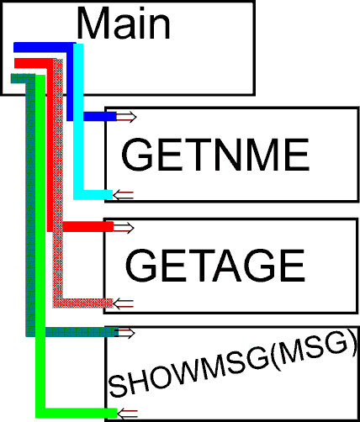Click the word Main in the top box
click(123, 23)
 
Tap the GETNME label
click(215, 155)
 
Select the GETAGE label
click(215, 266)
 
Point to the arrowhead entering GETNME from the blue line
click(126, 117)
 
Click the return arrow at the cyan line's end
click(123, 195)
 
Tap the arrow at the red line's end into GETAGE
click(124, 227)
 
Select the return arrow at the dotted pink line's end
click(123, 303)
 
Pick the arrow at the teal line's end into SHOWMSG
click(125, 333)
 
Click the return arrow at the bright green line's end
click(127, 414)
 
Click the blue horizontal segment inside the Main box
click(45, 47)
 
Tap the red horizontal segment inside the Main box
click(35, 63)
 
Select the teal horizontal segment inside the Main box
click(23, 78)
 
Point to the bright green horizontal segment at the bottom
click(77, 413)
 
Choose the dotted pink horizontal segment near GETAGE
click(82, 303)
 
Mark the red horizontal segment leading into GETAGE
click(88, 227)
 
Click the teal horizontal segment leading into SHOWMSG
click(82, 332)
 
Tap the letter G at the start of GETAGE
click(140, 266)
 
